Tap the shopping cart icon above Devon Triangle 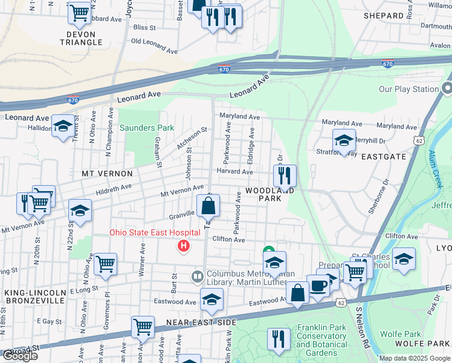point(79,13)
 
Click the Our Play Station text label point(408,90)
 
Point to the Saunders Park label point(147,128)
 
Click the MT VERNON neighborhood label point(103,174)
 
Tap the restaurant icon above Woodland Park point(285,175)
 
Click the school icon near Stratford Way point(344,141)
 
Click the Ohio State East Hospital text point(155,233)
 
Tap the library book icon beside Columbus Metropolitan point(197,277)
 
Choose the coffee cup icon point(318,286)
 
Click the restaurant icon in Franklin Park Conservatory point(279,339)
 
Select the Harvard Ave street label point(234,172)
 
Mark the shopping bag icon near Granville point(208,206)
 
